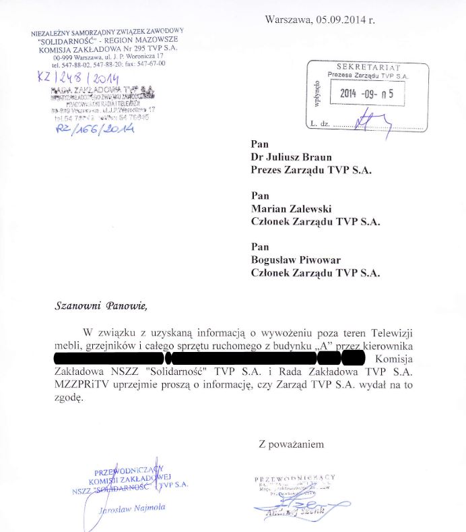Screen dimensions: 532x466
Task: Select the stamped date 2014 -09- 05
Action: coord(371,94)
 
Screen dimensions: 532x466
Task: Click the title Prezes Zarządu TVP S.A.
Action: coord(310,169)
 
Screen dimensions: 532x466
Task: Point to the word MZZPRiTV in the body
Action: coord(80,384)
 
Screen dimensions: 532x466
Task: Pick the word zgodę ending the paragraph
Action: coord(69,397)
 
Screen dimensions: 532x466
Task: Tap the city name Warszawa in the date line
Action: coord(288,20)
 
